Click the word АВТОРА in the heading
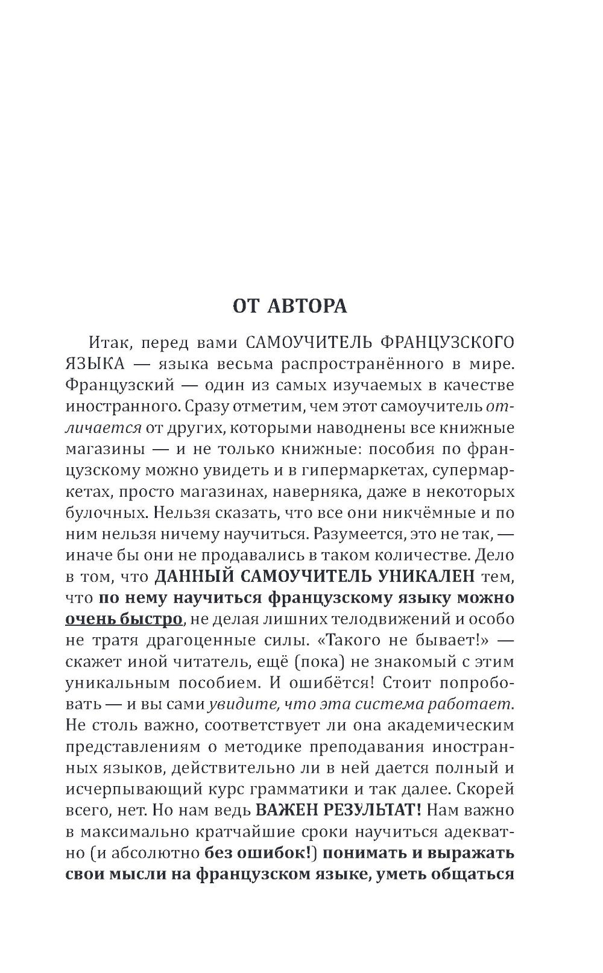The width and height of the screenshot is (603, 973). pos(308,306)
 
